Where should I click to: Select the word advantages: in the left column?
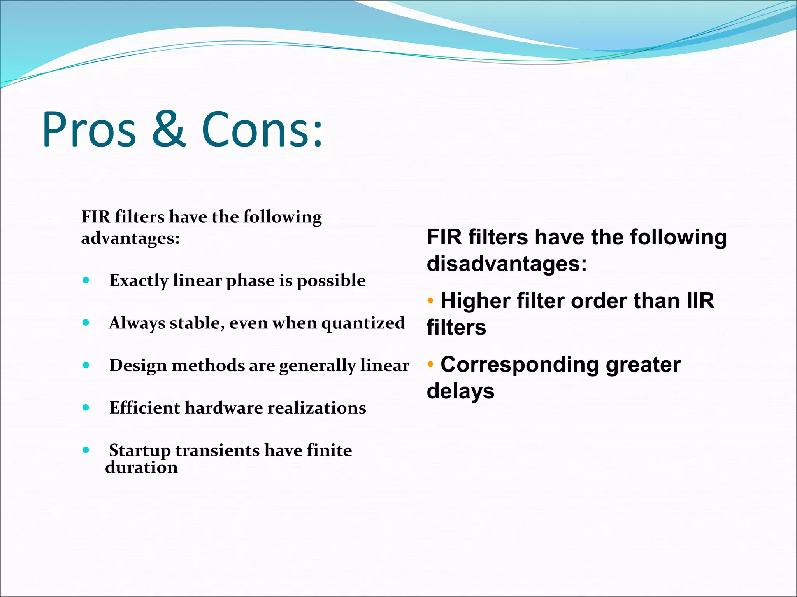coord(130,238)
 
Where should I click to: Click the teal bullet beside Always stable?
coord(86,323)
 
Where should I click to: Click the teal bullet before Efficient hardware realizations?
coord(86,407)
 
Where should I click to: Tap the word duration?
coord(142,468)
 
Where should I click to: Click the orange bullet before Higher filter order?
coord(430,300)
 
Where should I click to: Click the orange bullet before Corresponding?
coord(430,364)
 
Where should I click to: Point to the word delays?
coord(460,391)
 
